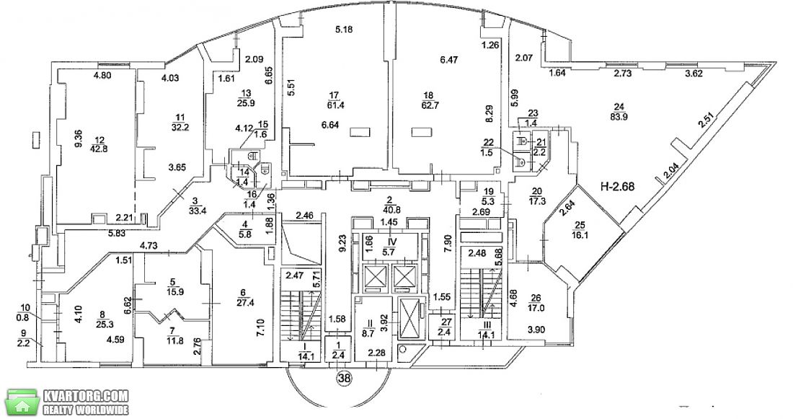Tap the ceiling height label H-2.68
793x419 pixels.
tap(618, 186)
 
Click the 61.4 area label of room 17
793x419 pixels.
tap(335, 105)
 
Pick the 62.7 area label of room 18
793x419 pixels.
tap(429, 105)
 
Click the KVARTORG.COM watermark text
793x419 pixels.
tap(86, 396)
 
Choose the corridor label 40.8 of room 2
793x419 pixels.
tap(389, 206)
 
